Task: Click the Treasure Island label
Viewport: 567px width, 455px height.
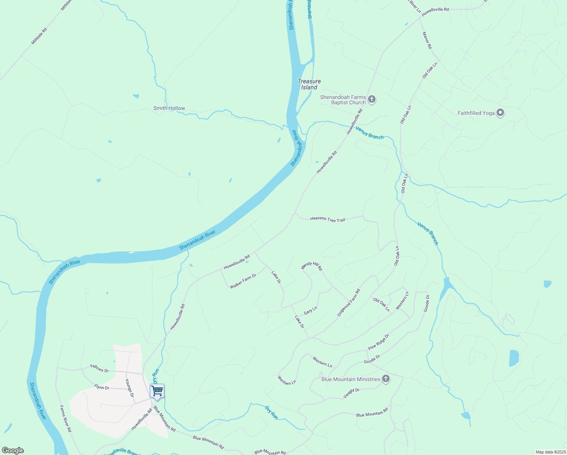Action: coord(309,84)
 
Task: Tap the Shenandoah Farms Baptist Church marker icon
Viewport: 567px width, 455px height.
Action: coord(372,100)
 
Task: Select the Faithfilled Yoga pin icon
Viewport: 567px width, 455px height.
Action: coord(500,113)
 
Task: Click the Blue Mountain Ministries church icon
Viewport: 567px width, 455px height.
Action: coord(386,379)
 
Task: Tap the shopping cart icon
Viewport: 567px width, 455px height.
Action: coord(157,391)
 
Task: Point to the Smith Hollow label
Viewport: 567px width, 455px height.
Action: coord(169,108)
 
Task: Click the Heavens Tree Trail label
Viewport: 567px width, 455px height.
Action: coord(327,219)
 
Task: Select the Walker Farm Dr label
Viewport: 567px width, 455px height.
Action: coord(243,281)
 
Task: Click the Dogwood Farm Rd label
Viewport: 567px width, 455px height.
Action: coord(349,303)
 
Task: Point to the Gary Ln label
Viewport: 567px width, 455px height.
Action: coord(310,310)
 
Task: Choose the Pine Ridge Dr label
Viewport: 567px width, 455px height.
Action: coord(379,342)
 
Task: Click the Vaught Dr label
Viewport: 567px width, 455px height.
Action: coord(351,393)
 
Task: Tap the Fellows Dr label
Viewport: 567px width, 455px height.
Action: coord(99,368)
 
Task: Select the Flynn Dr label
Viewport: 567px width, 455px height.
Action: coord(102,387)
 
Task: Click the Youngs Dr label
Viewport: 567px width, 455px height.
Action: coord(130,388)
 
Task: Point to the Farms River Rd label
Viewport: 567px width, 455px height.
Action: coord(66,419)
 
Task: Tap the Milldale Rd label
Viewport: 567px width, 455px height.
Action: coord(39,36)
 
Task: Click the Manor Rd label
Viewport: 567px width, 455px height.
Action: coord(427,40)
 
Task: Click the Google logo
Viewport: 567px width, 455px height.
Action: coord(13,450)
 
